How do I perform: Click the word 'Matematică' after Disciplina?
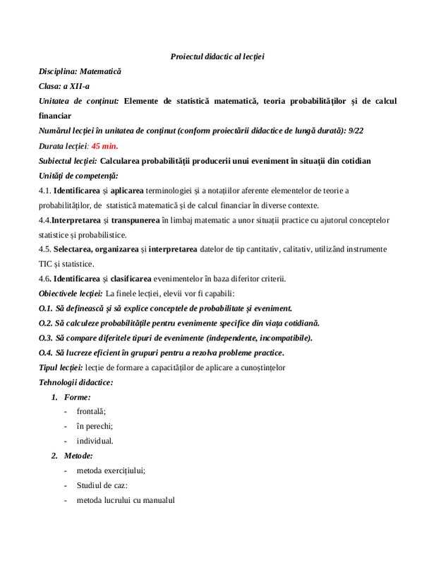click(100, 71)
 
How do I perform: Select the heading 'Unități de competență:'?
click(78, 175)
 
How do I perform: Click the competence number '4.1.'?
click(45, 191)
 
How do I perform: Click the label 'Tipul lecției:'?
click(61, 367)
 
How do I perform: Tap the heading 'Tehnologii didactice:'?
click(75, 382)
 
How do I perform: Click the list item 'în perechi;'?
click(95, 426)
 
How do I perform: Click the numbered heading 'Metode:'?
click(78, 456)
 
